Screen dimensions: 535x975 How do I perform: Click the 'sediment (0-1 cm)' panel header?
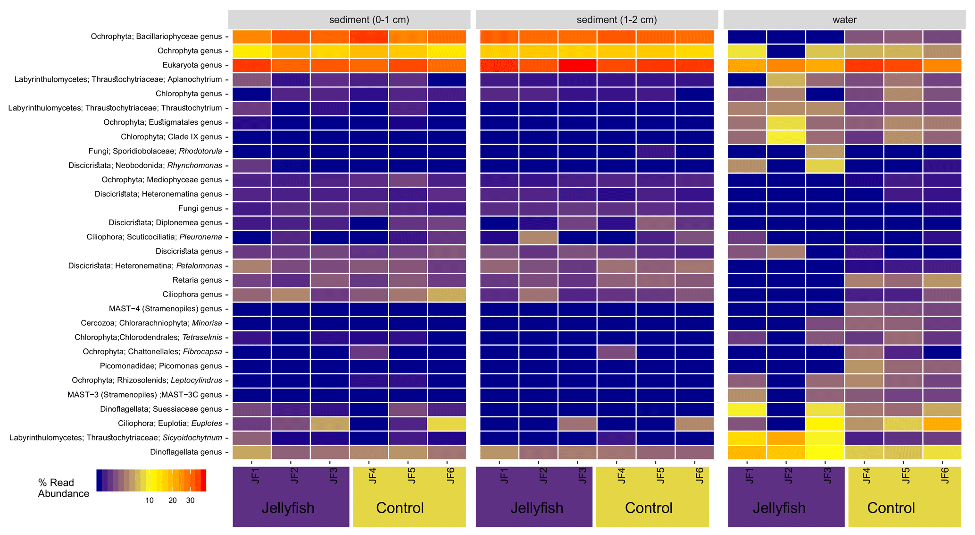(349, 20)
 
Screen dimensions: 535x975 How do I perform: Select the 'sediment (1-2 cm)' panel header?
(597, 20)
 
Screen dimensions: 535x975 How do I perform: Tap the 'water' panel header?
(844, 20)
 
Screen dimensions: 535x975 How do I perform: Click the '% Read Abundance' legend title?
(64, 488)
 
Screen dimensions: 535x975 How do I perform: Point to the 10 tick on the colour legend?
(149, 501)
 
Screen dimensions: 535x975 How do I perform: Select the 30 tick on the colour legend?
(190, 501)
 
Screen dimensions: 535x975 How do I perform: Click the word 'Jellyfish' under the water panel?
(779, 508)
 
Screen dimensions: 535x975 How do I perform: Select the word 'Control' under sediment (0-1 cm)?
(400, 508)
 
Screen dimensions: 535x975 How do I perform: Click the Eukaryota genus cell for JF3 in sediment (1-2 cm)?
(577, 65)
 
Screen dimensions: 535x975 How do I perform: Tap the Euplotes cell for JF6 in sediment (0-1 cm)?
(447, 423)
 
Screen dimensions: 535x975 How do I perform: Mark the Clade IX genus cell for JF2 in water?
(786, 137)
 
